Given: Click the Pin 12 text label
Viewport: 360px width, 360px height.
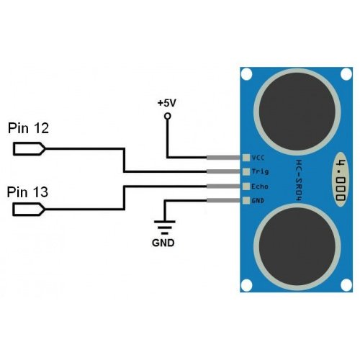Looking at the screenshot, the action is [x=28, y=128].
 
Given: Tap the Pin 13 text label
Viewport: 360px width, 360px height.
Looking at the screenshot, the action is [x=27, y=192].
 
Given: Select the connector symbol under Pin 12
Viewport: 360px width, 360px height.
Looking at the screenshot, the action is [x=29, y=149].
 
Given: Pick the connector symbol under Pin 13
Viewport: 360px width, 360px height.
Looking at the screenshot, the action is [x=29, y=210].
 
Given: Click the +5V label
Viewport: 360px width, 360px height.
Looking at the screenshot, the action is [x=167, y=103].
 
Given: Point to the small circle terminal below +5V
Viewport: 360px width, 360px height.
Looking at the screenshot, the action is [x=168, y=116].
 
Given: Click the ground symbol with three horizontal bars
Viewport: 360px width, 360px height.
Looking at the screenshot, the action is [x=164, y=227].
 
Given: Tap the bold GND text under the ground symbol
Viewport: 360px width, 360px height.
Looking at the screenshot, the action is [x=163, y=243].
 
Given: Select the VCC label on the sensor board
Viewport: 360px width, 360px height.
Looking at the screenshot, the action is [x=258, y=158].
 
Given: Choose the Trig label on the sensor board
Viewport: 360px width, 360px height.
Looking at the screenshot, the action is [x=260, y=171].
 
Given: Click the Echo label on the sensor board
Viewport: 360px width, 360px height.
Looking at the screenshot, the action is [x=260, y=186].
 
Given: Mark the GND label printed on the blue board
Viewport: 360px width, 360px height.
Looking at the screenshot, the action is [x=258, y=200].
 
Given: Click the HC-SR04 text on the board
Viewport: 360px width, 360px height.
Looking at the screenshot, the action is [x=300, y=181].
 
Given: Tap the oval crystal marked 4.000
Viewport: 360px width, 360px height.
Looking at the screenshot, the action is [x=341, y=179].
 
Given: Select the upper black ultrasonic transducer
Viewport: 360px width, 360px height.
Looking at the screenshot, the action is [x=297, y=112].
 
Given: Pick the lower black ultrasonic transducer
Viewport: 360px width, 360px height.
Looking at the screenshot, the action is [x=297, y=247].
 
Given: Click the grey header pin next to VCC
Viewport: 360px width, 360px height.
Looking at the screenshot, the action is [x=223, y=158].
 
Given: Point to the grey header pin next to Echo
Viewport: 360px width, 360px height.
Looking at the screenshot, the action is [x=223, y=186].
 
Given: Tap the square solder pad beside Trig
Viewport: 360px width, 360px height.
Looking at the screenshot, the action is [x=246, y=171].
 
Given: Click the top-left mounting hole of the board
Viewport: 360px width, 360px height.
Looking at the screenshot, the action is [x=246, y=74].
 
